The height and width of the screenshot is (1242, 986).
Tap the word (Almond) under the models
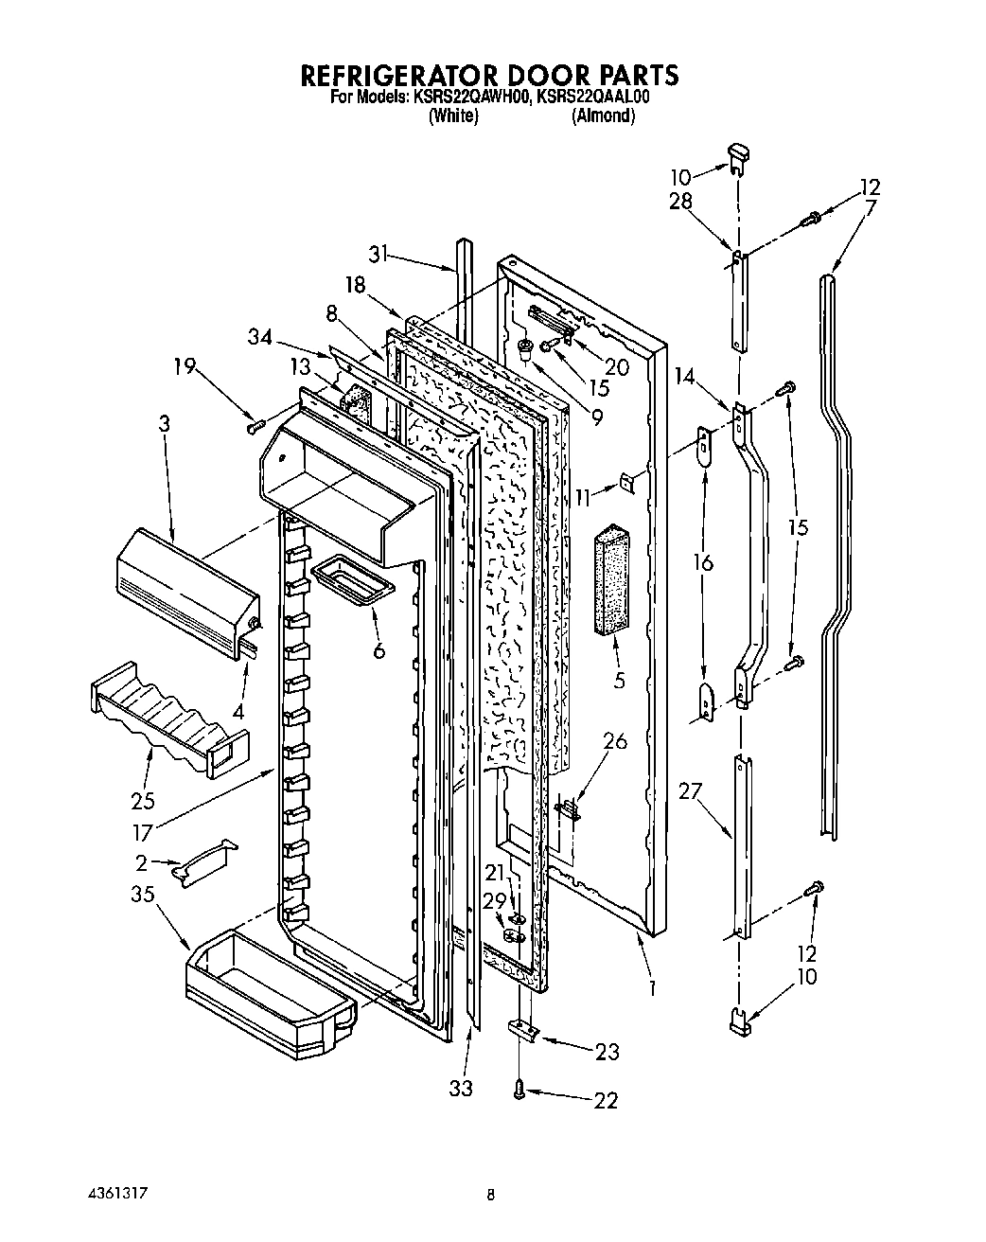603,116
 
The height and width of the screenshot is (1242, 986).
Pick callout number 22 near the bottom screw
606,1100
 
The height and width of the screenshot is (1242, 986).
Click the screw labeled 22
519,1091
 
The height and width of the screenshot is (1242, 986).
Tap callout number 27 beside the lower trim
690,790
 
